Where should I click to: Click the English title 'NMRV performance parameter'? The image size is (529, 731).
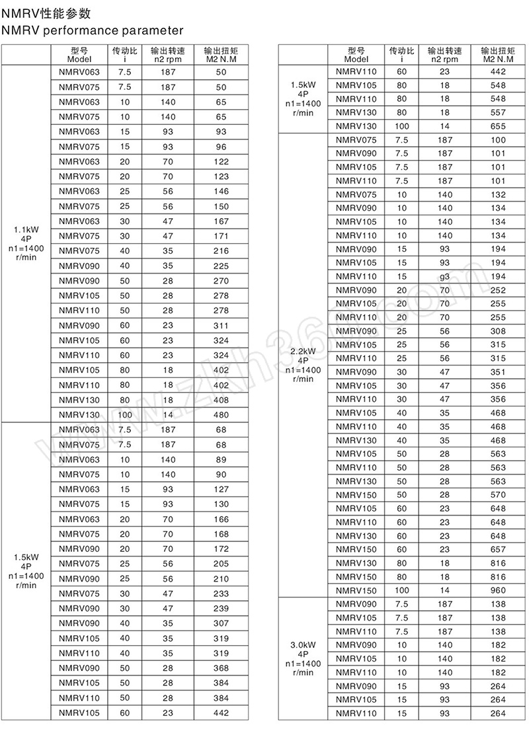[x=92, y=30]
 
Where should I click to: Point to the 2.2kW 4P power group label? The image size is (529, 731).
[x=304, y=365]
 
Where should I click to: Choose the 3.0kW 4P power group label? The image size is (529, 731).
[x=304, y=658]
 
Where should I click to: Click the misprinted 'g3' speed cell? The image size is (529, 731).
[x=444, y=276]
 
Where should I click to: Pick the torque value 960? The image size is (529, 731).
[x=498, y=590]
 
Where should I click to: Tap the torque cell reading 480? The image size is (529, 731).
[x=221, y=415]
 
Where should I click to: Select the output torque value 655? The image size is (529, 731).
[x=498, y=126]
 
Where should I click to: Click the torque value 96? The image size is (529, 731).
[x=221, y=147]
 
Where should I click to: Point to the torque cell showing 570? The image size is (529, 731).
[x=498, y=495]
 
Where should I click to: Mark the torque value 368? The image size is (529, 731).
[x=221, y=668]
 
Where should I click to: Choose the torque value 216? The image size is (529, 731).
[x=221, y=251]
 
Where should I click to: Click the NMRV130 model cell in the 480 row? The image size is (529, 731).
[x=79, y=415]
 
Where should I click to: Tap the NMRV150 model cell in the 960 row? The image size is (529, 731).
[x=356, y=590]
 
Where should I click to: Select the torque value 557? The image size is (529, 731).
[x=498, y=112]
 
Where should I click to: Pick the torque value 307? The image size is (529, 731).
[x=221, y=623]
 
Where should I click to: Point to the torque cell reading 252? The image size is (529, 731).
[x=498, y=290]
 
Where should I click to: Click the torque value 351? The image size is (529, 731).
[x=498, y=372]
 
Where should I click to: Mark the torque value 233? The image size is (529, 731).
[x=221, y=594]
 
